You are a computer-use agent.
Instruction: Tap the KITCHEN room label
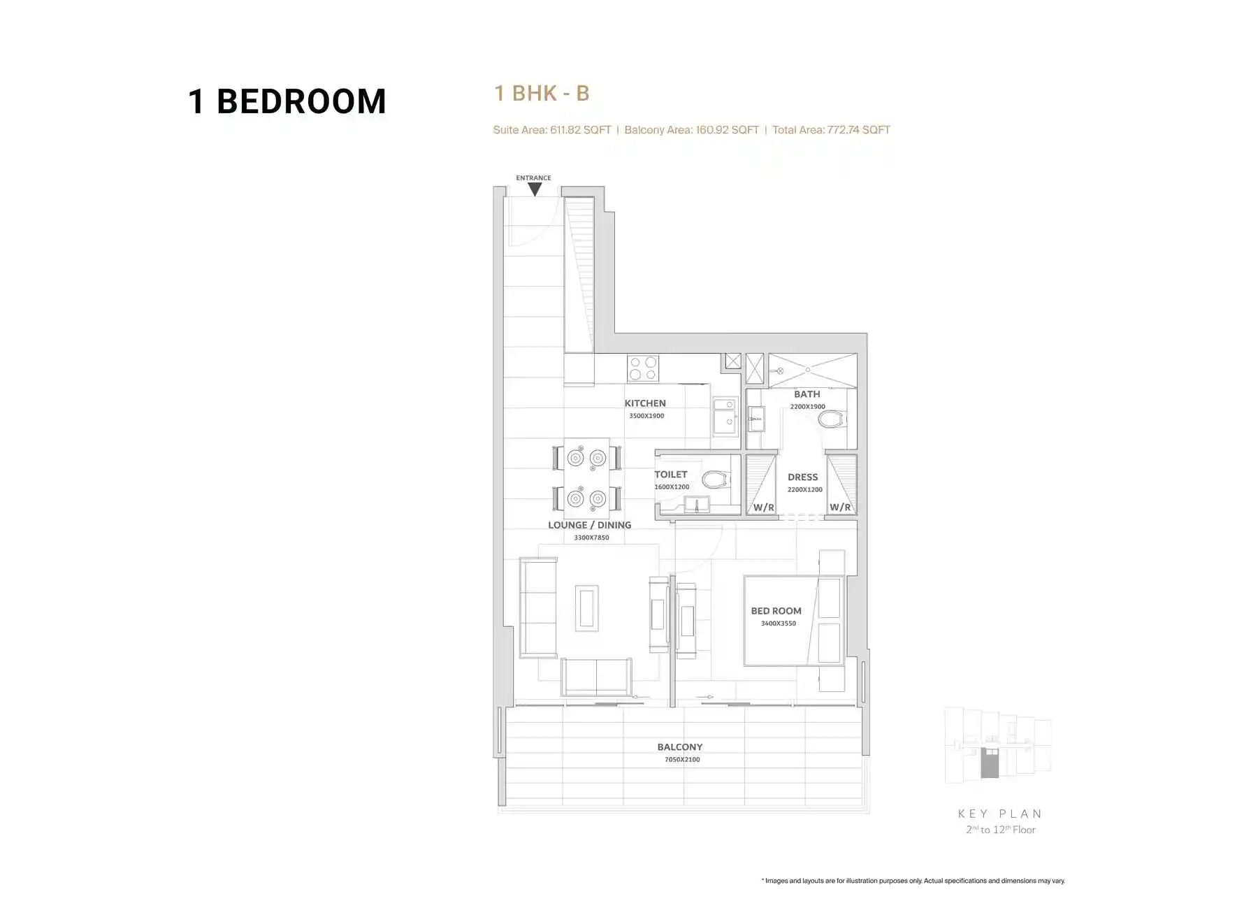pos(645,403)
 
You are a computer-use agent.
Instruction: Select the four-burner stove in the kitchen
pos(643,368)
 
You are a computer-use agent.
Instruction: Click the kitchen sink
pos(725,417)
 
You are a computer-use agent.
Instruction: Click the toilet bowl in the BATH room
pos(832,419)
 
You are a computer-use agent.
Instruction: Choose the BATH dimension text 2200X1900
pos(808,407)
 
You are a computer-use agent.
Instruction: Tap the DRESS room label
pos(803,477)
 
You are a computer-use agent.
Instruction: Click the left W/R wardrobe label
pos(764,507)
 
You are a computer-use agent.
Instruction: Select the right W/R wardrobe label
pos(840,507)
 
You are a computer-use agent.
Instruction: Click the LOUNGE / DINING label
pos(590,525)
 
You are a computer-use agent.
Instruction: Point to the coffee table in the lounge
pos(586,608)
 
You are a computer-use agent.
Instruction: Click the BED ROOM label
pos(776,611)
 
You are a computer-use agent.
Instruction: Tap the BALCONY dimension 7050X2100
pos(682,760)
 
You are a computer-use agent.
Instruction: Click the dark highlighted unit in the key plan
pos(990,763)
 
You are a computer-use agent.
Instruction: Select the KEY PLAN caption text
pos(1000,814)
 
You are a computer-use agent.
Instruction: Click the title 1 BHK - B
pos(542,93)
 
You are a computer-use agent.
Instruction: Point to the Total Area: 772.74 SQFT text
pos(831,129)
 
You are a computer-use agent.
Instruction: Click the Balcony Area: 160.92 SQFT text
pos(691,129)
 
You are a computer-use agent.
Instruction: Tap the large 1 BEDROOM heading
pos(287,101)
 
